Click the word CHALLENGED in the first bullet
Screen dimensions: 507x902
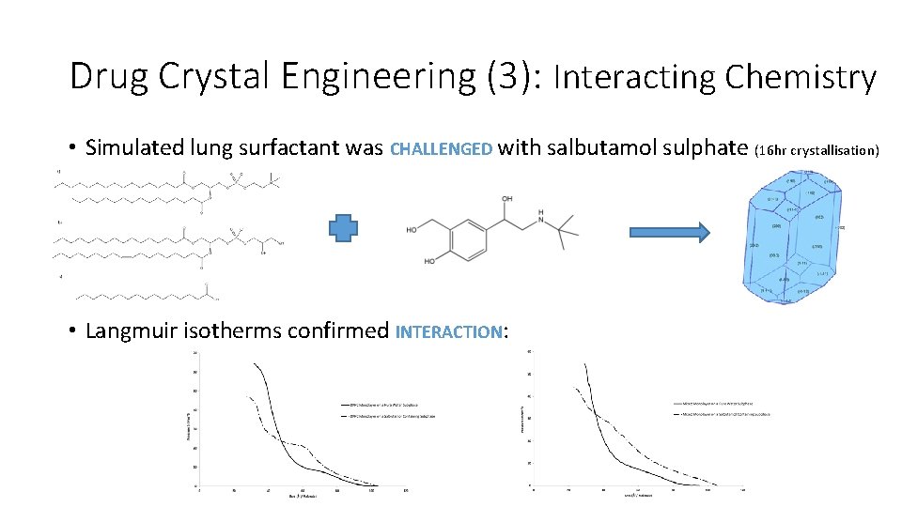click(441, 148)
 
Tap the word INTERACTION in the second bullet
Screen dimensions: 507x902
click(449, 331)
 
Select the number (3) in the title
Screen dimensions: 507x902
click(513, 76)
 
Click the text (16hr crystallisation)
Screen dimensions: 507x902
click(816, 149)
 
